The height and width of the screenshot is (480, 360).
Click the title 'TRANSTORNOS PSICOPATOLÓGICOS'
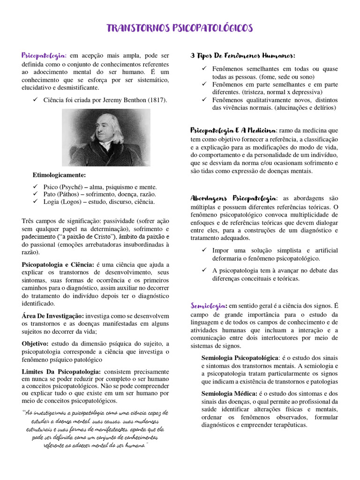click(x=180, y=28)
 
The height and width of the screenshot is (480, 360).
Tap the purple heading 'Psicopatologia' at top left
click(x=44, y=56)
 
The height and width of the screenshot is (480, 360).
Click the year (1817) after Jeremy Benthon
click(x=157, y=100)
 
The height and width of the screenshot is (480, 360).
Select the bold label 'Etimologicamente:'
click(x=59, y=175)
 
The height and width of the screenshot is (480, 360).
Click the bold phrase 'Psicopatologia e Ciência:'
click(x=58, y=265)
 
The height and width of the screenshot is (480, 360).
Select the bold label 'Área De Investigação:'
click(x=53, y=316)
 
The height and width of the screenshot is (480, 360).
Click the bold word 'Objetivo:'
click(x=38, y=344)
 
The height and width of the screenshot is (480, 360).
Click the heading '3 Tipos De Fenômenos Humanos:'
click(x=243, y=56)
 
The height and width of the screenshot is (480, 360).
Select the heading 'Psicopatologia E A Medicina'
click(x=233, y=130)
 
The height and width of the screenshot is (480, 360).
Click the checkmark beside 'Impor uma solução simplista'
click(x=204, y=250)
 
